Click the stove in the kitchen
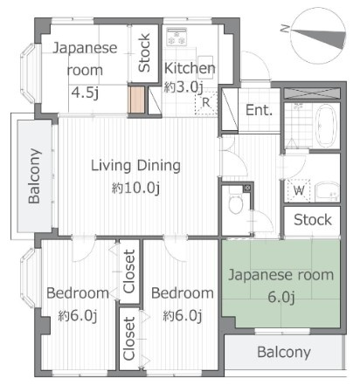pos(177,37)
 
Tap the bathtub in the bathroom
pos(326,126)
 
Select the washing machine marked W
pos(299,191)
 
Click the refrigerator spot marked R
pos(206,103)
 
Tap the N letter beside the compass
pos(285,29)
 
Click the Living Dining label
pos(136,166)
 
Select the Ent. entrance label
pos(259,110)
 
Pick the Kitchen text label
pos(190,68)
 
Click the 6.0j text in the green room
pos(281,297)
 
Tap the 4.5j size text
pos(85,93)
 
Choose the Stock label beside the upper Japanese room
pos(144,52)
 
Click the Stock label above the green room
pos(313,220)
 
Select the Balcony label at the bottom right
pos(284,353)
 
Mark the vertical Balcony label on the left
pos(34,175)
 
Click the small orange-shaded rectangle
pos(136,100)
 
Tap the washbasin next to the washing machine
pos(328,191)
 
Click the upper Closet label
pos(129,271)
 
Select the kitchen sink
pos(205,67)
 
